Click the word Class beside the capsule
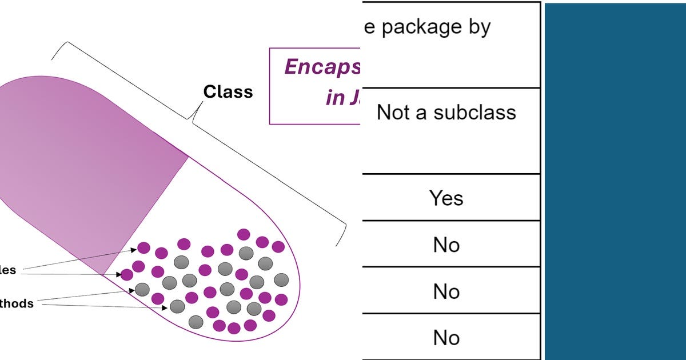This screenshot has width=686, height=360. [228, 91]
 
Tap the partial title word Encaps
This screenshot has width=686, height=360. [322, 67]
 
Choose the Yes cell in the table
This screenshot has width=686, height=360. [446, 198]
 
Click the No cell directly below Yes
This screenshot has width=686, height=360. [446, 245]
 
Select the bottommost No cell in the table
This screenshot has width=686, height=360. [446, 338]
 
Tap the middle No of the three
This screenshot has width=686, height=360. [446, 291]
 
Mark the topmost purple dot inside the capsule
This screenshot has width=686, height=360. [244, 234]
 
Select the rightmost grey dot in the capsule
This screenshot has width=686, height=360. [281, 279]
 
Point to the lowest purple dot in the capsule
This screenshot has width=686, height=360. [234, 328]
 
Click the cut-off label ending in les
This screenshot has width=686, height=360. [8, 270]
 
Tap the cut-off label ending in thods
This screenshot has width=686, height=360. [17, 304]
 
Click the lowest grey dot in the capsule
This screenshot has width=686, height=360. [196, 321]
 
